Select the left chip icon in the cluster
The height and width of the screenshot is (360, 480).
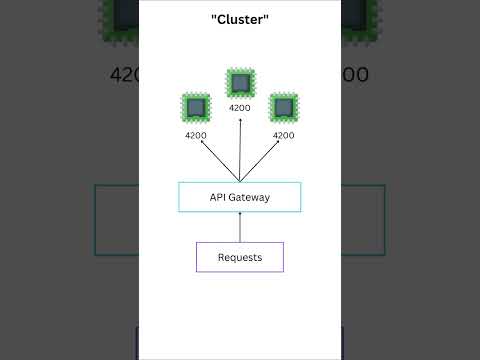point(196,108)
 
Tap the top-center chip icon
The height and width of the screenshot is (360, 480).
point(240,82)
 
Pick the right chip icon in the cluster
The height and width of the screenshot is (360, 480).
point(284,108)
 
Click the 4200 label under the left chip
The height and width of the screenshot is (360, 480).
point(196,135)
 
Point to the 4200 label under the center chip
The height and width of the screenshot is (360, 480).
point(240,108)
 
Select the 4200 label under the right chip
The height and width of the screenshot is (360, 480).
point(284,135)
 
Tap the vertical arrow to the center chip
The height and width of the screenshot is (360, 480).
point(240,150)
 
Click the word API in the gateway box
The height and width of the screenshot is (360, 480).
point(218,198)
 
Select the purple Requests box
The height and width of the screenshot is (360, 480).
point(239,257)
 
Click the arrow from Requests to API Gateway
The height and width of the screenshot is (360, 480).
point(240,227)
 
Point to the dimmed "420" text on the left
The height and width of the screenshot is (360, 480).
point(123,75)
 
